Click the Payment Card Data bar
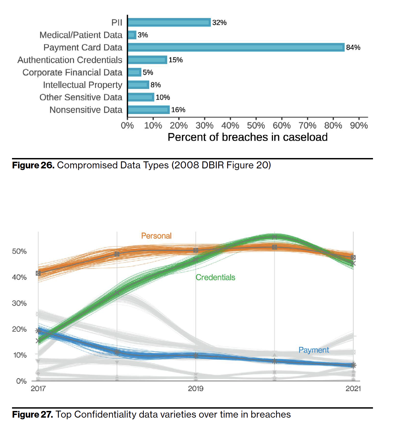[x=236, y=47]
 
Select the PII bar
[x=169, y=22]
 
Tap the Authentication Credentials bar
[x=147, y=60]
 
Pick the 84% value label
[x=353, y=47]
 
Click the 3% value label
[x=143, y=35]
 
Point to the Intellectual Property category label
[x=82, y=85]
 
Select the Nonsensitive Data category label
[x=86, y=110]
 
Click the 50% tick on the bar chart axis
[x=256, y=126]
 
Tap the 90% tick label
[x=359, y=126]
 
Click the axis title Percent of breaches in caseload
[x=248, y=137]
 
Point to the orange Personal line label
[x=156, y=236]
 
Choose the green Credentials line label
[x=215, y=277]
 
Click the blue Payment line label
[x=314, y=350]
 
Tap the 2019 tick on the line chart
[x=195, y=389]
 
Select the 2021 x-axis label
[x=353, y=389]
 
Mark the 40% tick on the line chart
[x=19, y=277]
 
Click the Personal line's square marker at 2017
[x=38, y=273]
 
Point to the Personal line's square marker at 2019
[x=196, y=250]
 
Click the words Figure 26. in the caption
[x=33, y=165]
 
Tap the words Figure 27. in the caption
[x=32, y=415]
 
